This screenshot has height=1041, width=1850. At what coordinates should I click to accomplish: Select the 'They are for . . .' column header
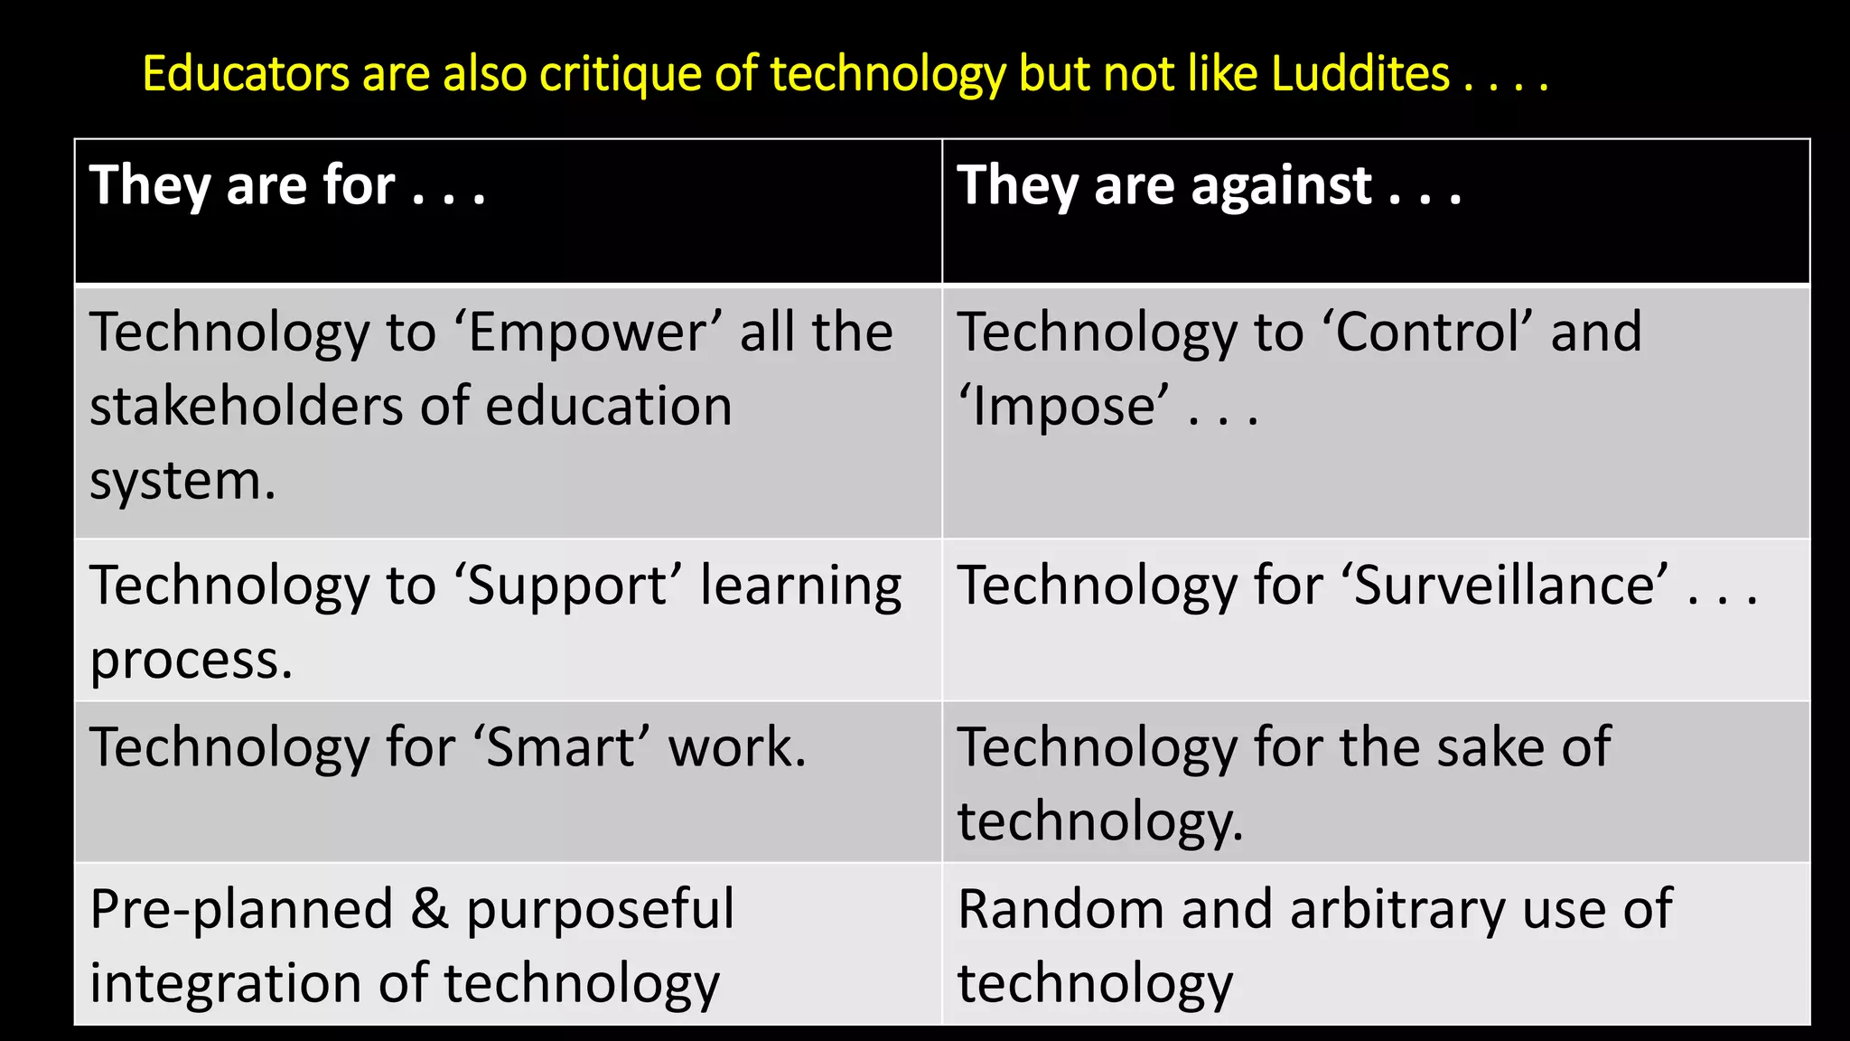(287, 185)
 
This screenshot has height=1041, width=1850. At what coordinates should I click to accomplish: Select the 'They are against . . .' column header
(1209, 185)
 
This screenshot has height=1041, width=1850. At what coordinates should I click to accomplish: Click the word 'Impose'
(1064, 407)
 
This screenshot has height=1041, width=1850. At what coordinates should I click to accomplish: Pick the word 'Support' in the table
(568, 586)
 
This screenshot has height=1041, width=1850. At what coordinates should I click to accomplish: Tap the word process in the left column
(191, 661)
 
